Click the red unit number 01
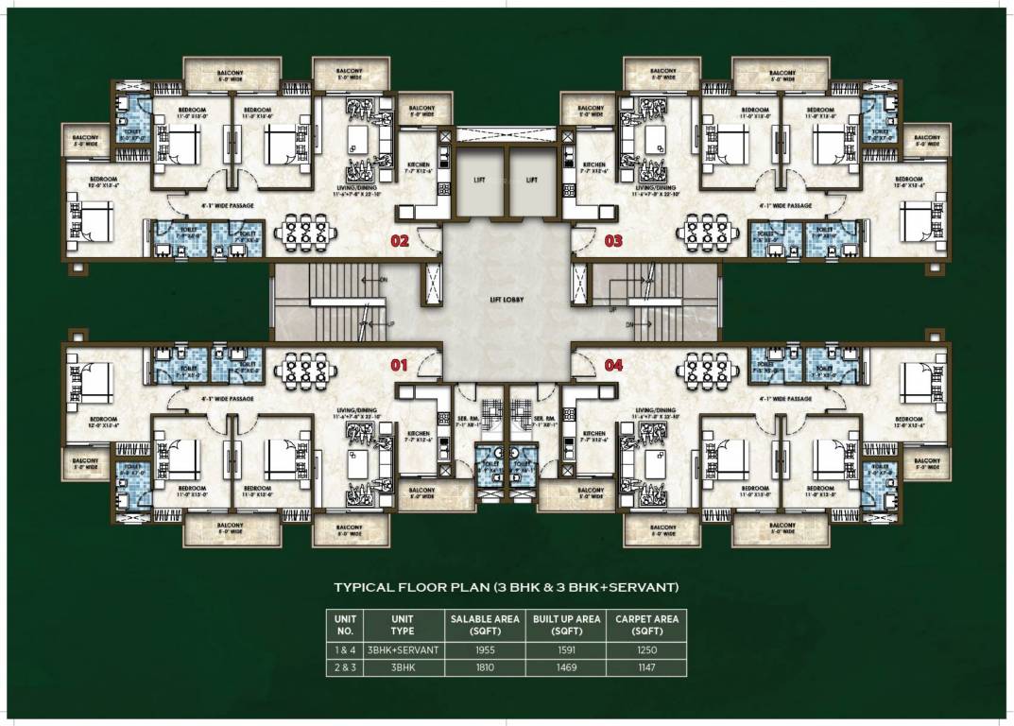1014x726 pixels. click(399, 363)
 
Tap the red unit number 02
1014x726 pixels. click(399, 241)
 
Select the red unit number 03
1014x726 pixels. click(613, 241)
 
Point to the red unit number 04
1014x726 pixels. click(613, 363)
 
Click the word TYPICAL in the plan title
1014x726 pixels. click(365, 587)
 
